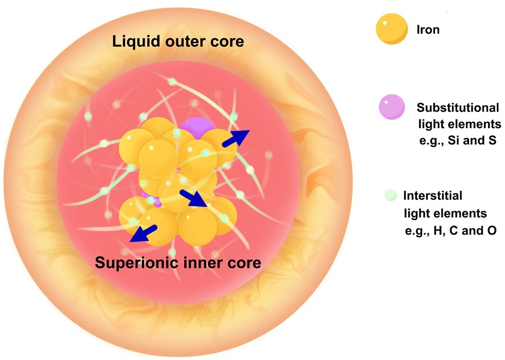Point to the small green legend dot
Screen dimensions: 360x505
point(391,195)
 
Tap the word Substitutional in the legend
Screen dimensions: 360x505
point(458,108)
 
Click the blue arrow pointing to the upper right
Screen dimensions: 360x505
point(238,138)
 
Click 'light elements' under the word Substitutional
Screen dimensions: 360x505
point(459,124)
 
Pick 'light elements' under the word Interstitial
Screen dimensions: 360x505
point(445,213)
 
